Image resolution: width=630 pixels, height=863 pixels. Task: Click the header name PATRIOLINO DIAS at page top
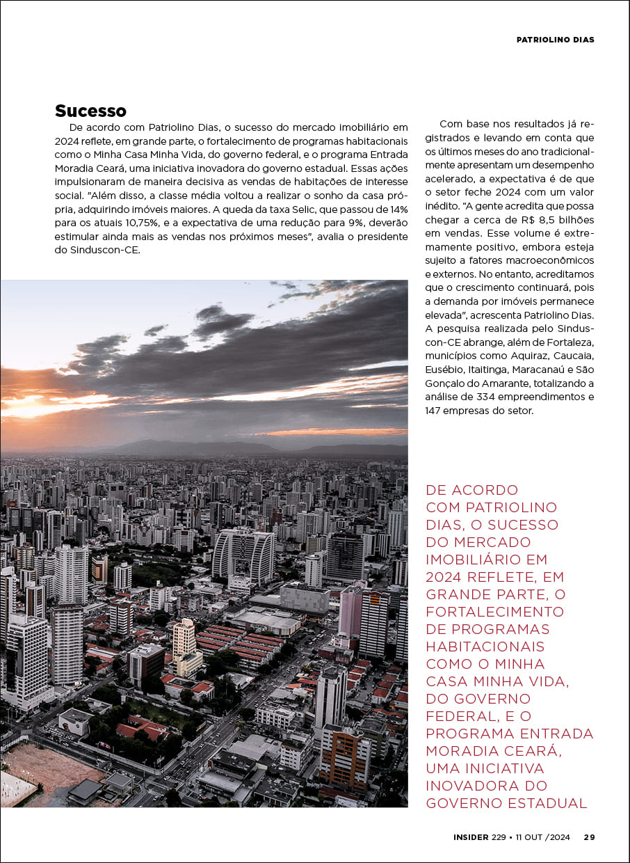pyautogui.click(x=555, y=40)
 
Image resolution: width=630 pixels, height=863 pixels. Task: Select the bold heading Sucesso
pyautogui.click(x=90, y=111)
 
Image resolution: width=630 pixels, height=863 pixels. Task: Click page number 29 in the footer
pyautogui.click(x=589, y=837)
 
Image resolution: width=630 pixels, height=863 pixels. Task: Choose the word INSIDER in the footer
pyautogui.click(x=471, y=837)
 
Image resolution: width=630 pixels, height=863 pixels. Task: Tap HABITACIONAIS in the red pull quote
pyautogui.click(x=485, y=647)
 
